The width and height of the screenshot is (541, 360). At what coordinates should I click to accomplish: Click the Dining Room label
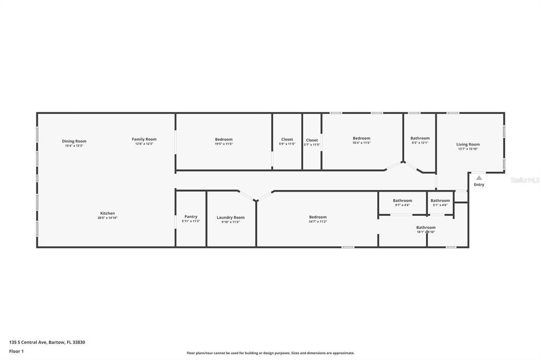pos(74,141)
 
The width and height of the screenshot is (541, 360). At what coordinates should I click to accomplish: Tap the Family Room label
pos(144,139)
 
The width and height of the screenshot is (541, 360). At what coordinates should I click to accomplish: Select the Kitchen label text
pos(107,213)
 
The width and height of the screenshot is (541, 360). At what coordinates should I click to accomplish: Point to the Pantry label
pos(191,216)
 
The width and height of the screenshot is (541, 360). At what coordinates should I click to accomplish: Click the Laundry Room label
pos(230,217)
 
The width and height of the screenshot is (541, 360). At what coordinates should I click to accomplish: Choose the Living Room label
pos(468,144)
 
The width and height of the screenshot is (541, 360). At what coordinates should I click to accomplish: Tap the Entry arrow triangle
pos(479,178)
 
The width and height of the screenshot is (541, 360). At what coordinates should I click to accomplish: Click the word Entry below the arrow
pos(479,185)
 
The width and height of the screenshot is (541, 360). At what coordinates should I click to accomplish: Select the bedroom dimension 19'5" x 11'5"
pos(223,144)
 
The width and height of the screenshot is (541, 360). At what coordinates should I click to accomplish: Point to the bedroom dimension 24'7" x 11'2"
pos(318,221)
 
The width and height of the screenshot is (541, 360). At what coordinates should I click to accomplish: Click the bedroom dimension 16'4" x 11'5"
pos(361,143)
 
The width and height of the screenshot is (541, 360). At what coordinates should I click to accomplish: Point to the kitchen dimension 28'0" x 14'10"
pos(107,217)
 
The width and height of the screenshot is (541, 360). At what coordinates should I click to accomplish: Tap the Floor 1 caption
pos(16,351)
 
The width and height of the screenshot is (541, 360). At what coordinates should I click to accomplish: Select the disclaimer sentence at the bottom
pos(270,353)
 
